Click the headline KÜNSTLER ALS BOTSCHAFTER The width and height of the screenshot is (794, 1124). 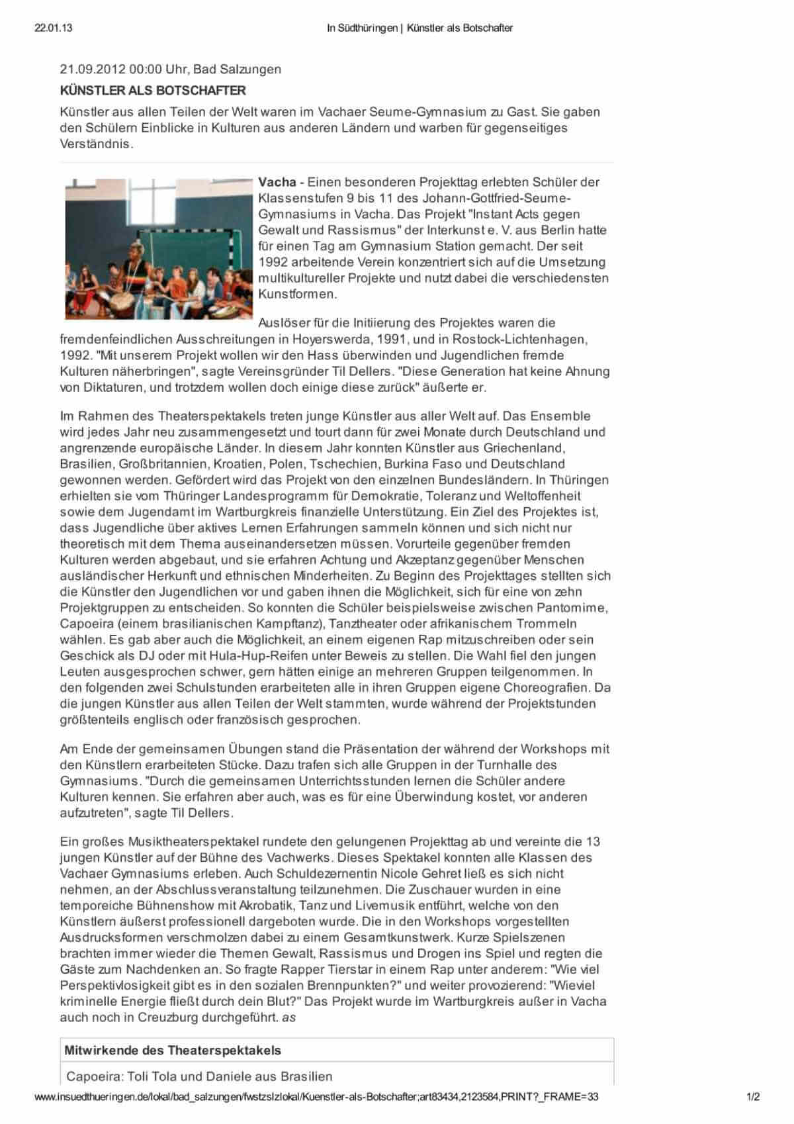pos(153,90)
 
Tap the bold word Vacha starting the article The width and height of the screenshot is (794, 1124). pos(277,182)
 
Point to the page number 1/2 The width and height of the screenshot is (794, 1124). pos(753,1096)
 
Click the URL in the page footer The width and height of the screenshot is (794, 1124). pos(316,1096)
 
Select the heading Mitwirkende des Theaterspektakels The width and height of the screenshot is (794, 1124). pos(172,1051)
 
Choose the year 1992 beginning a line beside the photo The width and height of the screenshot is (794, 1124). pos(272,262)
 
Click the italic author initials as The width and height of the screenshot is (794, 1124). pos(288,1017)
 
